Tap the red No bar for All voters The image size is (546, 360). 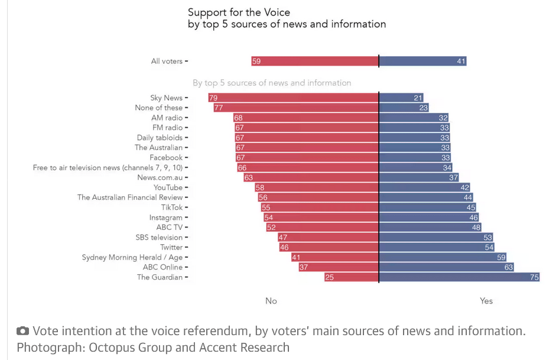(x=315, y=61)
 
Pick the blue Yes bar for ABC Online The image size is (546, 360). (x=446, y=267)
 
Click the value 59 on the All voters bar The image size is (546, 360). (x=256, y=61)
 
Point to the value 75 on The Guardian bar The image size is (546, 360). (x=534, y=277)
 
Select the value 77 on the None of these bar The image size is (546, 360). (x=219, y=108)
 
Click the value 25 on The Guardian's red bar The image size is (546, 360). (x=329, y=277)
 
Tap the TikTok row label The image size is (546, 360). (x=172, y=207)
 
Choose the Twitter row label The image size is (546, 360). (x=171, y=247)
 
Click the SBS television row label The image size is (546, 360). (x=159, y=238)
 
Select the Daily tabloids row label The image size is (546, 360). (x=160, y=138)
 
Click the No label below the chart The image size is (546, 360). (x=271, y=301)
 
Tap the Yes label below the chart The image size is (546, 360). (x=486, y=301)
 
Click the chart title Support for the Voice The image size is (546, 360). (x=239, y=12)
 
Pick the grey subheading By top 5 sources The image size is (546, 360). (x=272, y=83)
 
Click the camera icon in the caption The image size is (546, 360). (x=22, y=331)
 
